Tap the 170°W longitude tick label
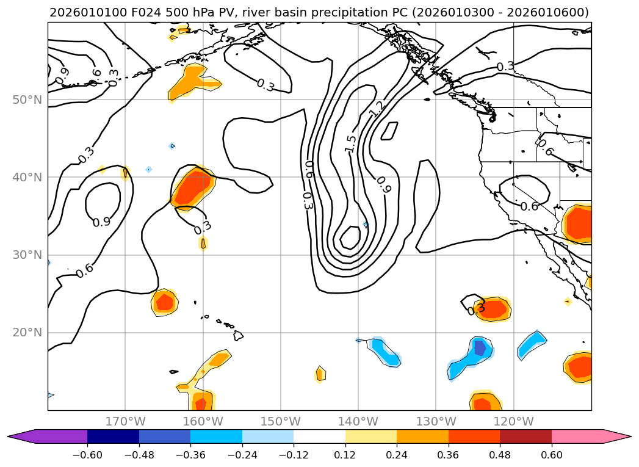click(x=125, y=421)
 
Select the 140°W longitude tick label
click(x=358, y=421)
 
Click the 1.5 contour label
click(x=350, y=143)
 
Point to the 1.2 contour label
click(x=377, y=109)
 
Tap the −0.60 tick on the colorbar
click(x=87, y=454)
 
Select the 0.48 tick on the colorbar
click(x=500, y=454)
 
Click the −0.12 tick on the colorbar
click(x=294, y=454)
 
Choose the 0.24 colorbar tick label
click(x=397, y=454)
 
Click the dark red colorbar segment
click(x=525, y=436)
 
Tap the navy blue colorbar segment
click(x=113, y=436)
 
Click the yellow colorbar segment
click(x=370, y=436)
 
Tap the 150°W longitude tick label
click(x=281, y=421)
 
